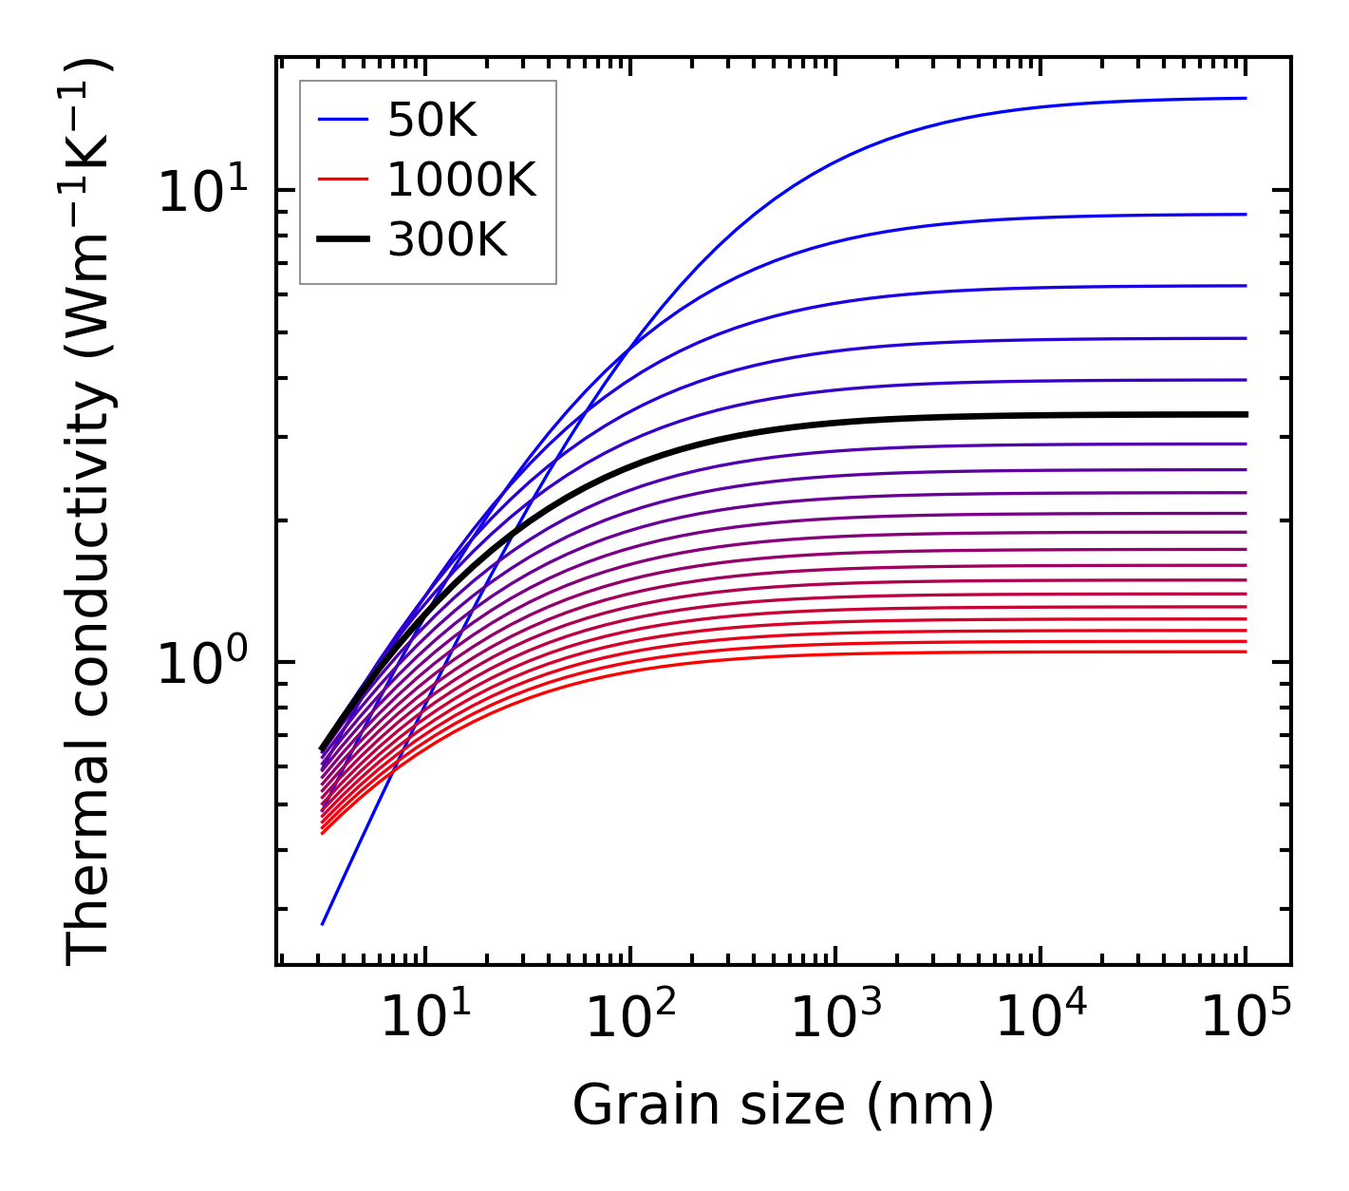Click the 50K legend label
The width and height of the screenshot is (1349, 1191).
[432, 120]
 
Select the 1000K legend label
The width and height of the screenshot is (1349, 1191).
[461, 180]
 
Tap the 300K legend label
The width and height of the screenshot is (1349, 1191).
[447, 240]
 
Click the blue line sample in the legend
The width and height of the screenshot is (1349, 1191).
[342, 120]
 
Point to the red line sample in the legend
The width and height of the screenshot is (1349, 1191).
[342, 180]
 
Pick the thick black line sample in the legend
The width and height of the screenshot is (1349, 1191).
[342, 240]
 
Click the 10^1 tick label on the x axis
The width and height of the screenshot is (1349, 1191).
[425, 1018]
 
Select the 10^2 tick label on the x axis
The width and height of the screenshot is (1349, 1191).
[630, 1018]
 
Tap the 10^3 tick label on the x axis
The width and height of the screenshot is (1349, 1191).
[835, 1018]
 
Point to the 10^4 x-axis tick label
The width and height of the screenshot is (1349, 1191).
[1040, 1018]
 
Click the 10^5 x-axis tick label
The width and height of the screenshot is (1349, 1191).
[1246, 1018]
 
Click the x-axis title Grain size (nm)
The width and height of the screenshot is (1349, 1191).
[783, 1106]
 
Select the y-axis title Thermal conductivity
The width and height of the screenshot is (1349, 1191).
[89, 513]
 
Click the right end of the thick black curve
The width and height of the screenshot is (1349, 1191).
[1245, 414]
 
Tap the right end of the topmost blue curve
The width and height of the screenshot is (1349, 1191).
[1245, 98]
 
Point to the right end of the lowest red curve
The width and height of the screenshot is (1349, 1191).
[1245, 652]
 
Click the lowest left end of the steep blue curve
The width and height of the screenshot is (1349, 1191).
[323, 923]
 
